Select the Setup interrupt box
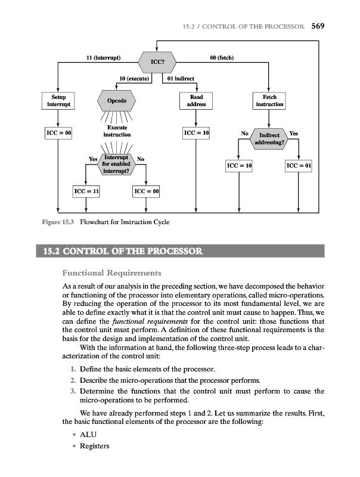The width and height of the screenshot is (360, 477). point(58,100)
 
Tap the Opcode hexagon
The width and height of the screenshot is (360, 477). point(116,101)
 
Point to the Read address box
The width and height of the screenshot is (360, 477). point(196,100)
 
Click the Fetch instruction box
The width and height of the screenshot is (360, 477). point(269,100)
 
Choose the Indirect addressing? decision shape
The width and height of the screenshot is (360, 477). point(269,138)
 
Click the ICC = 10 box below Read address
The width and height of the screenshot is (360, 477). point(196,132)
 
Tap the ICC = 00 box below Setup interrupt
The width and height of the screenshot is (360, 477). point(58,132)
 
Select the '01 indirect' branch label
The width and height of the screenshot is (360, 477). point(181,78)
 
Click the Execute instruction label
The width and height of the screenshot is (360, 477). point(117,132)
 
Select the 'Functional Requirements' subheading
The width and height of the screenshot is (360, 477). point(107,274)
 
